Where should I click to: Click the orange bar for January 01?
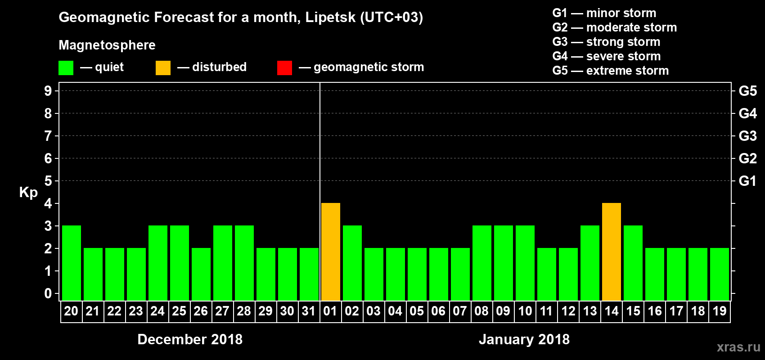click(x=331, y=252)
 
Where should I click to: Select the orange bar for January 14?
click(x=612, y=252)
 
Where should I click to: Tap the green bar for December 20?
click(x=72, y=263)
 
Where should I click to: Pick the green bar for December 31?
click(x=309, y=274)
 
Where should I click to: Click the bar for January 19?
click(x=720, y=274)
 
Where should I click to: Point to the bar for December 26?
click(x=201, y=274)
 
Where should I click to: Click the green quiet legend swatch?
click(x=66, y=68)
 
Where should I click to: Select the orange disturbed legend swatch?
click(x=163, y=68)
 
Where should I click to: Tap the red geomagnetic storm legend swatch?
click(x=284, y=68)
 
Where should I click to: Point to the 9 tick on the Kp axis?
click(x=48, y=91)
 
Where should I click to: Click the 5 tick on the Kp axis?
click(x=48, y=181)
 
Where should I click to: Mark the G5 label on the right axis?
click(x=747, y=91)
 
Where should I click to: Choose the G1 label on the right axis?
click(x=747, y=181)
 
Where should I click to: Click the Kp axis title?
click(x=28, y=192)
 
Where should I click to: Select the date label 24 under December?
click(x=157, y=311)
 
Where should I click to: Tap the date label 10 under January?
click(x=525, y=311)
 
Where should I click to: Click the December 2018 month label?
click(x=190, y=339)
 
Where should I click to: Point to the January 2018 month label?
click(x=524, y=339)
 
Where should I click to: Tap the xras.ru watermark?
click(x=738, y=347)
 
